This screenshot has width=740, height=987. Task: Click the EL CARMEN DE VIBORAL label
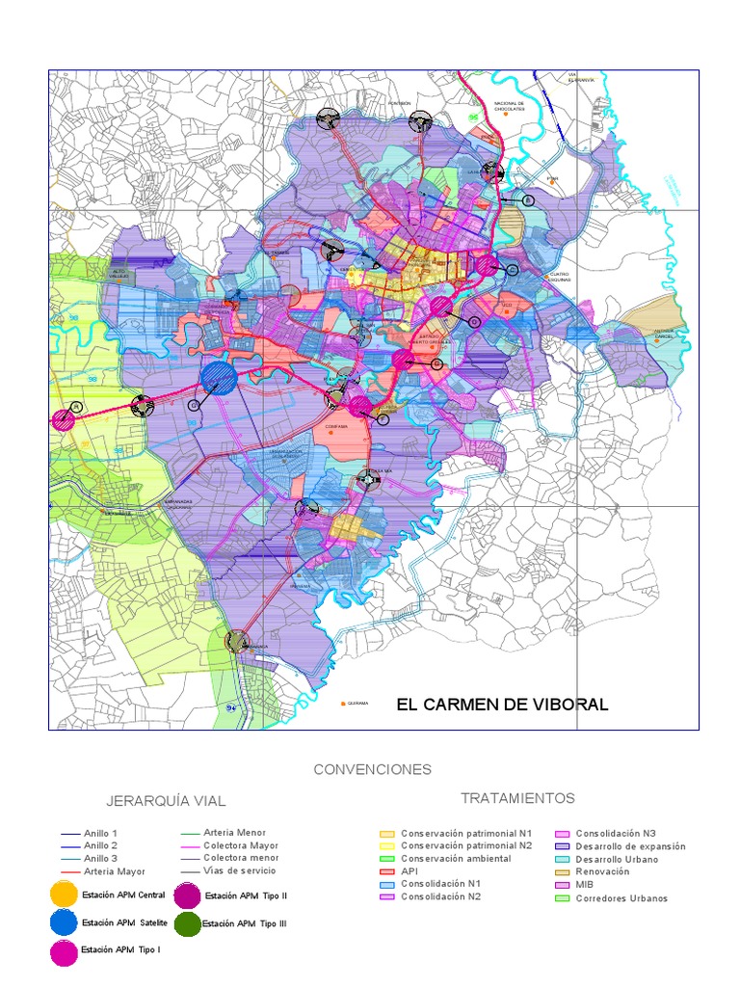tap(502, 705)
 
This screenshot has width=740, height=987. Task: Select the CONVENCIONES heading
tap(372, 769)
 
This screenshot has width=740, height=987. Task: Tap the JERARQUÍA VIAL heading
tap(167, 801)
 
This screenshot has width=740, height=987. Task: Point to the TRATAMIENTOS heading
tap(517, 798)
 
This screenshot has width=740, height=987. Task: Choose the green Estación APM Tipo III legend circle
tap(187, 923)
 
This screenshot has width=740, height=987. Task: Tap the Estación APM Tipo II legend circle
tap(187, 895)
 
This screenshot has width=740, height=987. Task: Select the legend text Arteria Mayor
tap(114, 871)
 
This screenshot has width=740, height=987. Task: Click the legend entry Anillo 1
tap(100, 833)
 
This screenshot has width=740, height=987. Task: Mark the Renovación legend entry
tap(602, 871)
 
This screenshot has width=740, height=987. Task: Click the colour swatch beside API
tap(387, 871)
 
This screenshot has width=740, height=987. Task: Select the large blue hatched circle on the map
tap(220, 379)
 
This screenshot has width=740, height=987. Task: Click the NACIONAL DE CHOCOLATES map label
tap(509, 106)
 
